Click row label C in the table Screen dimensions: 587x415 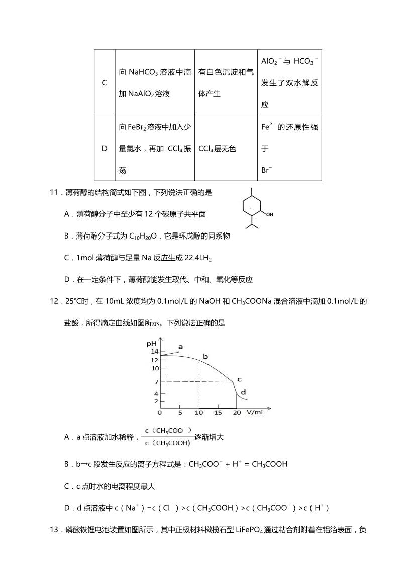click(105, 83)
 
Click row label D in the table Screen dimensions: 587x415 click(105, 148)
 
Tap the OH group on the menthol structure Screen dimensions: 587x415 click(269, 214)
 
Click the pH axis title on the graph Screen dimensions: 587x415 click(151, 344)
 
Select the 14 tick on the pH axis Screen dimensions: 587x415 click(155, 351)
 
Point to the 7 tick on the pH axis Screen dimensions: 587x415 click(156, 382)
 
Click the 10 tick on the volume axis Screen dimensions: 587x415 click(199, 413)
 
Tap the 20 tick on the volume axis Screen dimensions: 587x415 click(237, 413)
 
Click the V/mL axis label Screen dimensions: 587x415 click(255, 413)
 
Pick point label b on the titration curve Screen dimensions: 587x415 click(205, 357)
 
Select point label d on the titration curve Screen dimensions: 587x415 click(243, 392)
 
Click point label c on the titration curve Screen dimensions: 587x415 click(240, 379)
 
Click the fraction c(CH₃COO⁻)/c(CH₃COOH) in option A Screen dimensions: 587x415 click(168, 437)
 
